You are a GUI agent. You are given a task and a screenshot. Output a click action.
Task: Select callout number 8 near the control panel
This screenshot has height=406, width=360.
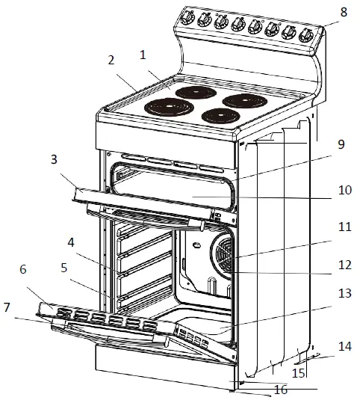(343, 12)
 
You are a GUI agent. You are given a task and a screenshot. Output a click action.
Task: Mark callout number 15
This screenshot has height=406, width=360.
(298, 372)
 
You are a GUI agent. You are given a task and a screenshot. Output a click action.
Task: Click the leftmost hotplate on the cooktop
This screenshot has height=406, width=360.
(163, 107)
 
